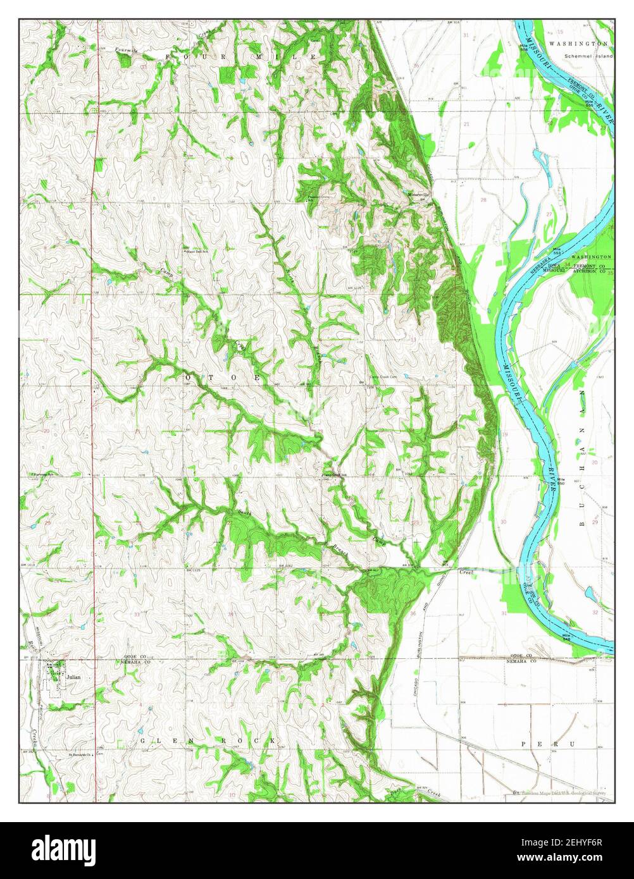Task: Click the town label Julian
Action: tap(73, 676)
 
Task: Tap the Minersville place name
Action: tap(418, 194)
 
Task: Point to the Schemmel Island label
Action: tap(588, 56)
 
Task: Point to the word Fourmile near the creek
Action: tap(127, 49)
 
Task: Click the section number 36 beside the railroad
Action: tap(413, 612)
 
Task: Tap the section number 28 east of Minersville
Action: tap(483, 200)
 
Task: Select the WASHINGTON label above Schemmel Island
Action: tap(578, 44)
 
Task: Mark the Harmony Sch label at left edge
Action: tap(41, 474)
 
